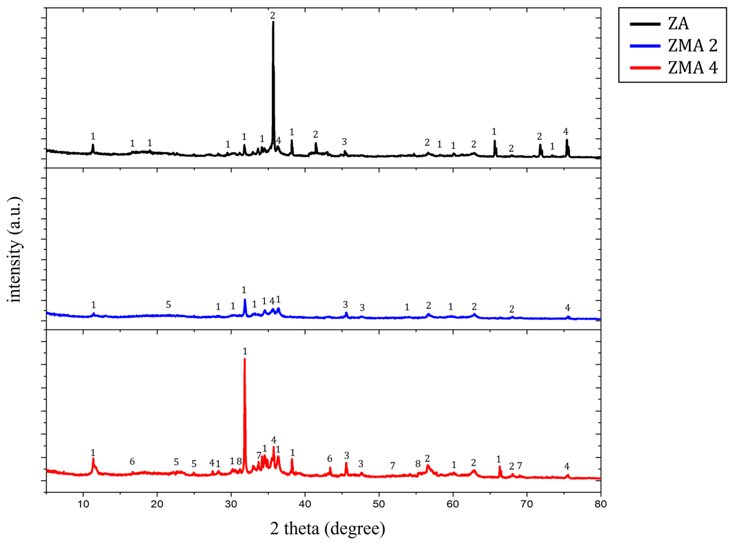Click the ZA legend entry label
tap(678, 24)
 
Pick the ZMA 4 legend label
tap(692, 68)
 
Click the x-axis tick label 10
tap(83, 504)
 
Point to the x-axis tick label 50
tap(379, 504)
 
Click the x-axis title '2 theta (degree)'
tap(327, 529)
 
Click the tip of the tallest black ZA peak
tap(273, 22)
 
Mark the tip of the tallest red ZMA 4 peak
tap(245, 359)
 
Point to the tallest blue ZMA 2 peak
tap(245, 300)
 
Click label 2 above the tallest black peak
tap(273, 15)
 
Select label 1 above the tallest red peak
tap(245, 352)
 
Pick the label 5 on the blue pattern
tap(168, 305)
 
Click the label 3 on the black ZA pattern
tap(344, 142)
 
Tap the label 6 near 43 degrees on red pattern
tap(330, 459)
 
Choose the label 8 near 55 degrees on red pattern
tap(418, 464)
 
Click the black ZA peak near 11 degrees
tap(93, 145)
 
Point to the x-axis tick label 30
tap(231, 504)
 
